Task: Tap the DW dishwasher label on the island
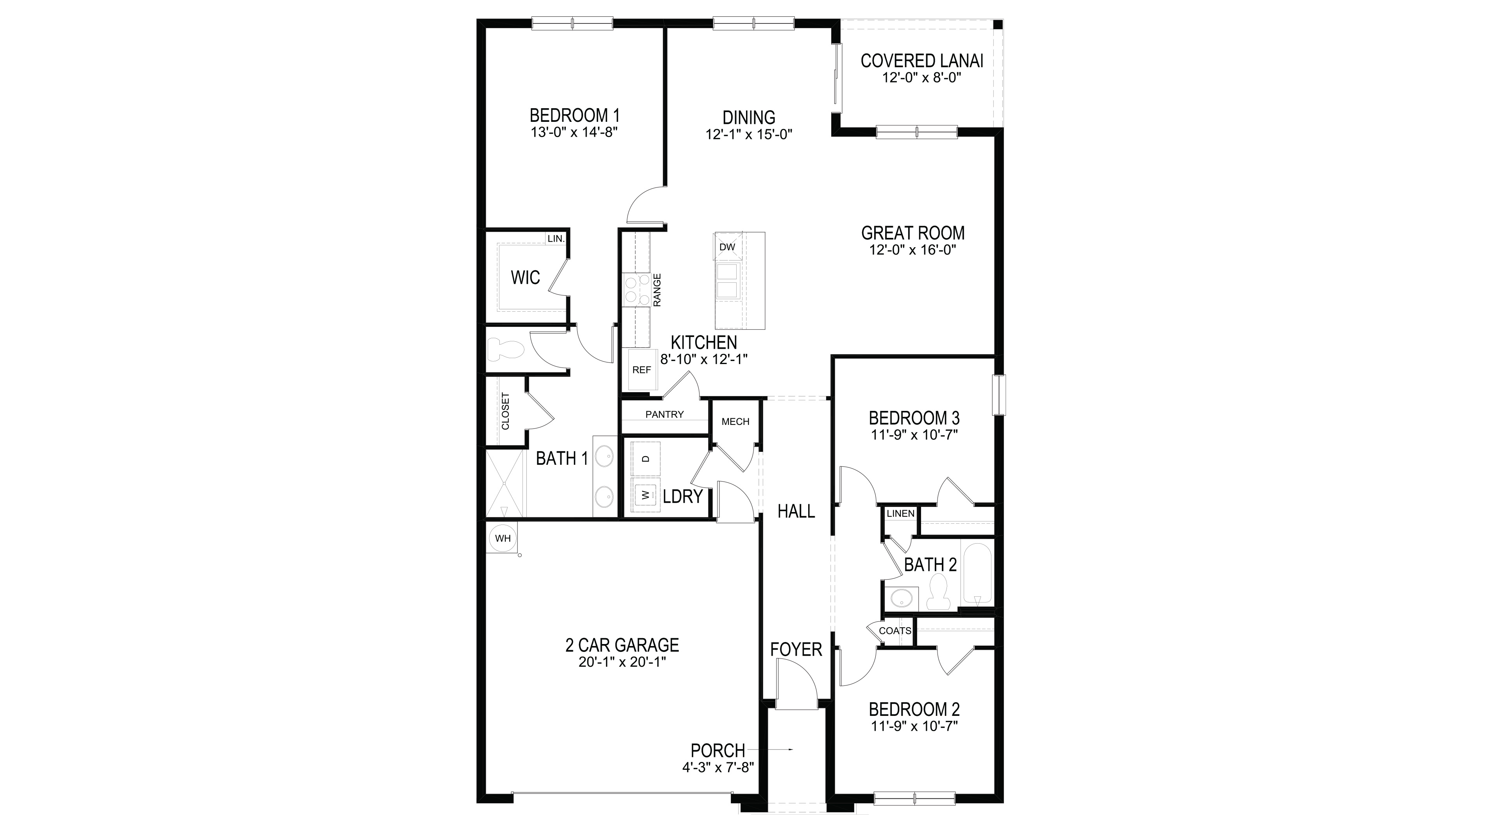728,247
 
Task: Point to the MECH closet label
735,422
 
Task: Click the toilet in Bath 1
506,349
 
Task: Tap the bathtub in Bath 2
977,573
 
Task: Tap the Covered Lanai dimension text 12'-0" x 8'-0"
922,78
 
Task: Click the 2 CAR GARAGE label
622,645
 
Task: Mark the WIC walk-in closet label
525,278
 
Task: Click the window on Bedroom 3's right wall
999,395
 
